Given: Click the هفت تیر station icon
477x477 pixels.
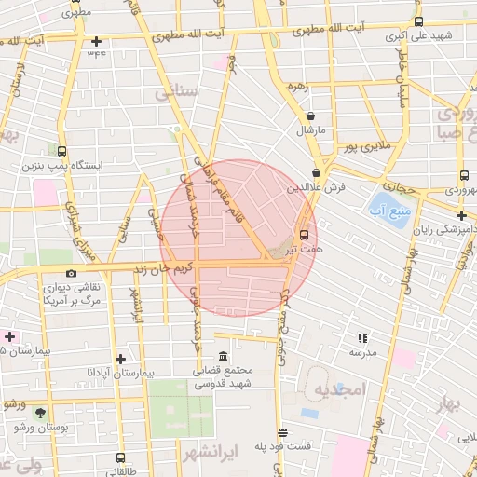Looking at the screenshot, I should tap(304, 236).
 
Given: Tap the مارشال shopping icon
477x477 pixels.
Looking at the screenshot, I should tap(309, 116).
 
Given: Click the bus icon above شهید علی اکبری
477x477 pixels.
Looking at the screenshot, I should tap(418, 21).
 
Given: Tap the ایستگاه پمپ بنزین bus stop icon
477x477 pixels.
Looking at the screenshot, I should tap(61, 151).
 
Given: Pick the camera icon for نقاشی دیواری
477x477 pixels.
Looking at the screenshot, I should tap(71, 273).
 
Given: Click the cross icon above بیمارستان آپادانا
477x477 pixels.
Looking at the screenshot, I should tap(119, 359).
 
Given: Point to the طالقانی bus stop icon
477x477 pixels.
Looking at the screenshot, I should tap(119, 457).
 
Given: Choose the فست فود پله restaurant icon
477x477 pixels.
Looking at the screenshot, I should tap(283, 432).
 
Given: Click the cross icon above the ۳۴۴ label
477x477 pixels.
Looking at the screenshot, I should tap(97, 41).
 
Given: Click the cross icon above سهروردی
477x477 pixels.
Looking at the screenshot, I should tap(463, 176).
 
